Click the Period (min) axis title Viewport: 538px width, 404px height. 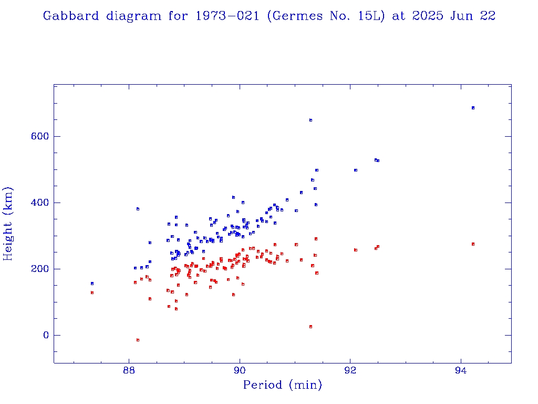pos(282,385)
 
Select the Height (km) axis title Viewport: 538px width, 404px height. pos(8,224)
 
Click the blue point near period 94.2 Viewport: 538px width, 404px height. pos(473,108)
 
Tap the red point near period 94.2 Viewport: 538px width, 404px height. pos(473,244)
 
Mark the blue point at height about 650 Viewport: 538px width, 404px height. pos(311,120)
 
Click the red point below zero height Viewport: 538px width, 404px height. pos(138,340)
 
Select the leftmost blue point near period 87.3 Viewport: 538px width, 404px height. pos(92,284)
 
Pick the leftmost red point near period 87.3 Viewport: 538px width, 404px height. pos(92,292)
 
